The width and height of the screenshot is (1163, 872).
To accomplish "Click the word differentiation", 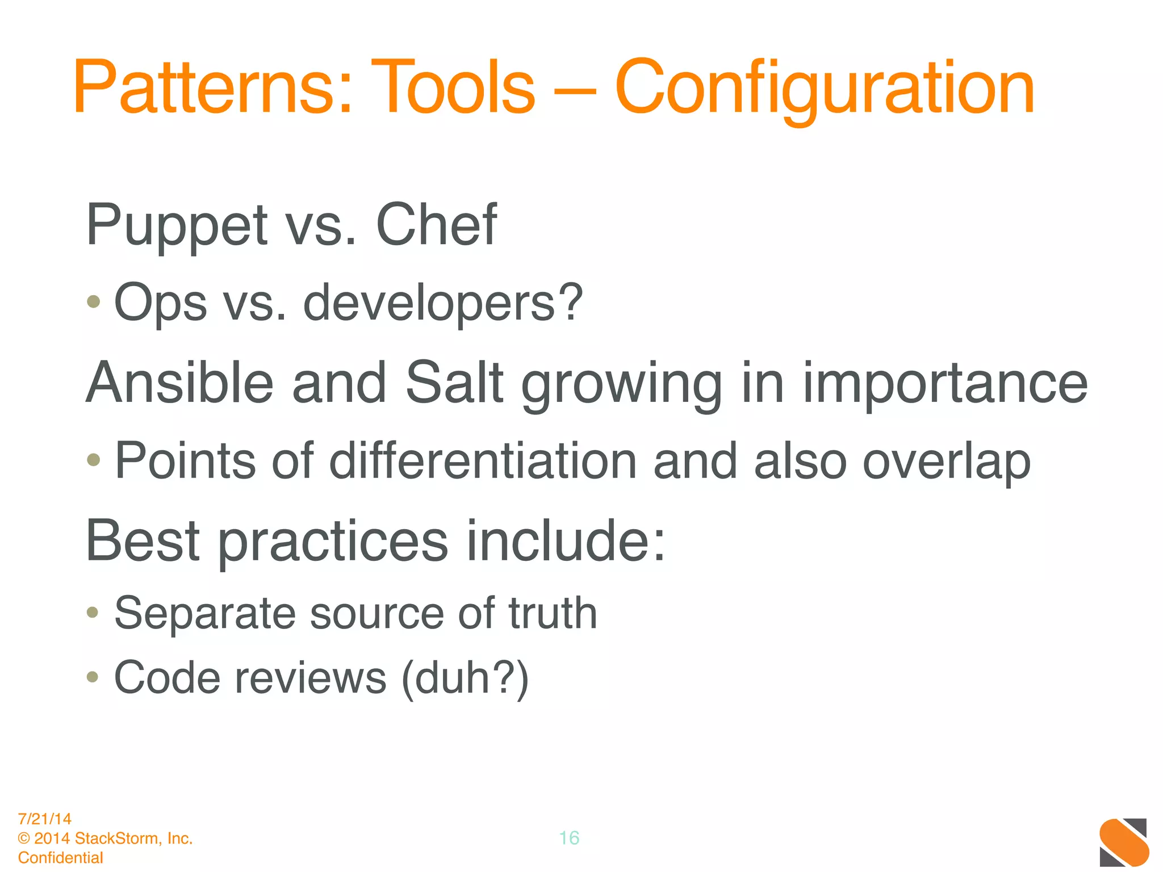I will pyautogui.click(x=483, y=461).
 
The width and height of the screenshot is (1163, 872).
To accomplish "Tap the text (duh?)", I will pyautogui.click(x=465, y=679).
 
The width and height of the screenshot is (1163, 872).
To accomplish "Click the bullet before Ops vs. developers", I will pyautogui.click(x=94, y=301).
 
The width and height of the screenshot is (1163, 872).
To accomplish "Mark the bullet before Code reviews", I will pyautogui.click(x=93, y=677).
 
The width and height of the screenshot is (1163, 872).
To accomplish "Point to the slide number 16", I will pyautogui.click(x=569, y=838).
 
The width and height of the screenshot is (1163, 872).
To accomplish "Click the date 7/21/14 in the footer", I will pyautogui.click(x=45, y=819).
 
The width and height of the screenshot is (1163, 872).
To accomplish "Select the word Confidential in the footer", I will pyautogui.click(x=61, y=858).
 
